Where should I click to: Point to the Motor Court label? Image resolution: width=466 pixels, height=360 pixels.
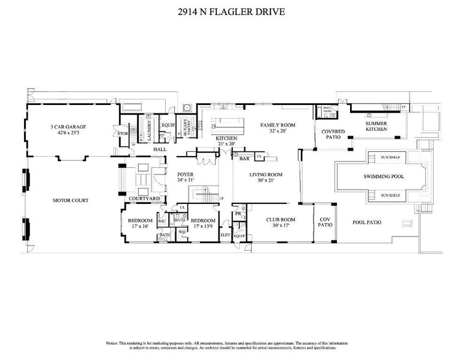(71, 200)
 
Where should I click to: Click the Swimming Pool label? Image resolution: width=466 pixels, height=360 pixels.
(382, 176)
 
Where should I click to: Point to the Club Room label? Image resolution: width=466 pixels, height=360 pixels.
(282, 220)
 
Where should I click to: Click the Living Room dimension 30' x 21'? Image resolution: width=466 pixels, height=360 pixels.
(265, 181)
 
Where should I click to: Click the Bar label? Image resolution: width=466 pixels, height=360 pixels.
(244, 160)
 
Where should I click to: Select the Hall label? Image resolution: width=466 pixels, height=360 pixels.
(159, 149)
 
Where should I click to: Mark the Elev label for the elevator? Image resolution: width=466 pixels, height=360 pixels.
(225, 235)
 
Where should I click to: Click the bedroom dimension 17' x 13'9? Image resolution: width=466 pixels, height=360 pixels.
(203, 226)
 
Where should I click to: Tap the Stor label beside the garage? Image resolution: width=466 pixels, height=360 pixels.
(123, 133)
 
